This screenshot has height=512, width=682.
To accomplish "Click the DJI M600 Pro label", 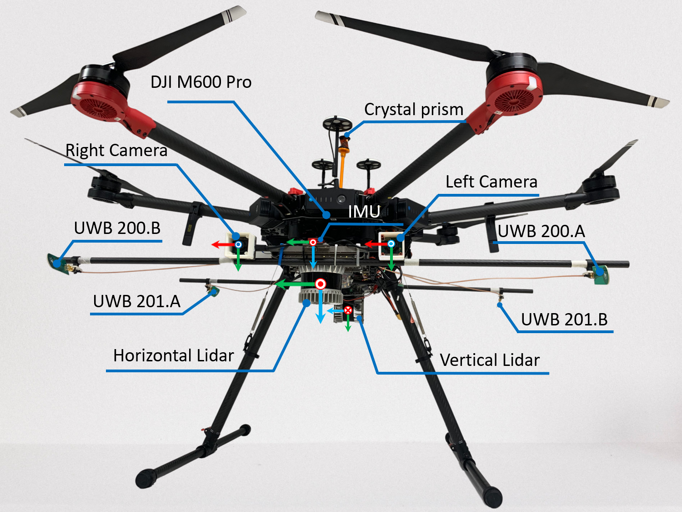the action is click(201, 82).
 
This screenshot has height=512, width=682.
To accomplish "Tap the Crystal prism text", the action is click(413, 110).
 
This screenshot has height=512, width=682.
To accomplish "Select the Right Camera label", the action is click(116, 151).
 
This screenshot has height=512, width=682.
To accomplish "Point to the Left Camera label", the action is click(491, 182).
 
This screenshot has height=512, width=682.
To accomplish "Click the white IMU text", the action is click(364, 212).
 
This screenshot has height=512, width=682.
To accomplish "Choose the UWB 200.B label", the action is click(117, 228).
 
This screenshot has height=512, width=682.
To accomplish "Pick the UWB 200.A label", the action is click(541, 231).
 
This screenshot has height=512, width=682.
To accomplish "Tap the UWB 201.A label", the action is click(136, 301).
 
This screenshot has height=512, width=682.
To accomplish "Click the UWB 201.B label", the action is click(564, 319).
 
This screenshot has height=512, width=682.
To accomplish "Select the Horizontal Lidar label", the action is click(173, 355).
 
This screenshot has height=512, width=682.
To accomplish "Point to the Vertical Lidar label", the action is click(490, 360).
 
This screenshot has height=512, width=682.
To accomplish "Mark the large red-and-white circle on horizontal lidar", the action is click(321, 284).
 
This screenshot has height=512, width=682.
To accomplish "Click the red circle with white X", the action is click(348, 310).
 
